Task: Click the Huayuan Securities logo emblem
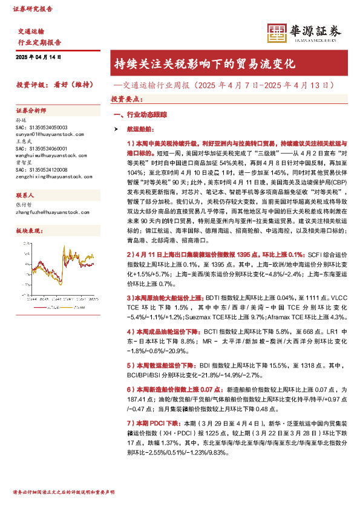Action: point(277,33)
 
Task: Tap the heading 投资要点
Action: point(126,99)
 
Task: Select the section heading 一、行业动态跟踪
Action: point(141,114)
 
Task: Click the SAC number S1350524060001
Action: point(42,148)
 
